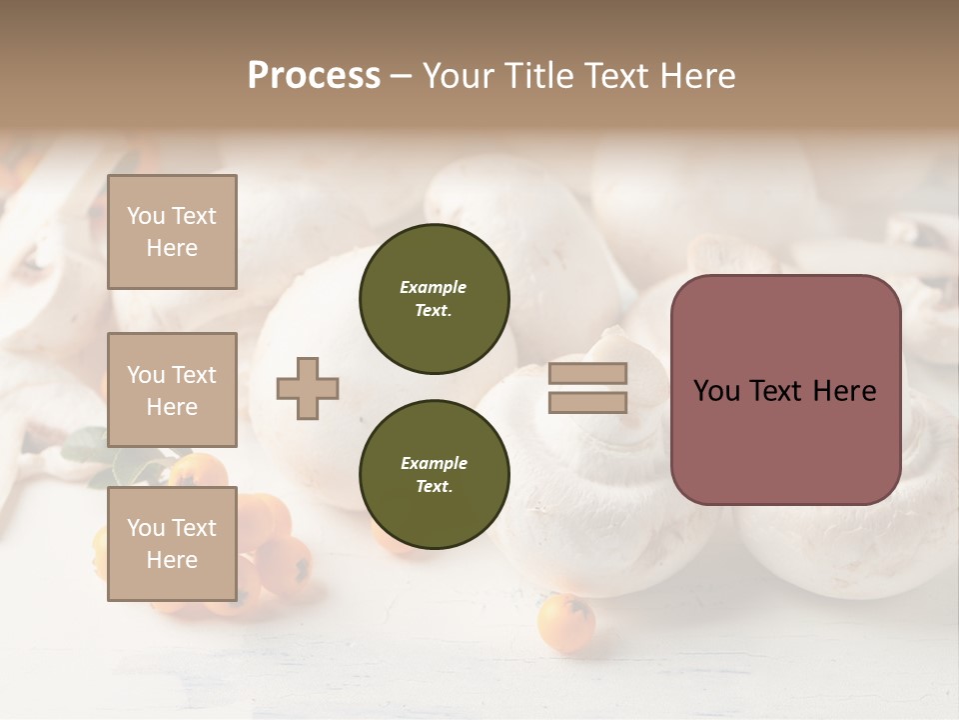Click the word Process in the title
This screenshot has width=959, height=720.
click(x=314, y=76)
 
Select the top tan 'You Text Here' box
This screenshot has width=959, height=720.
click(x=172, y=232)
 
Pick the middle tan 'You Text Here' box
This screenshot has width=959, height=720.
click(x=172, y=390)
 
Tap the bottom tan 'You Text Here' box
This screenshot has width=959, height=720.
click(x=172, y=544)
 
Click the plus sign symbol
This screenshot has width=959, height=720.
click(x=308, y=388)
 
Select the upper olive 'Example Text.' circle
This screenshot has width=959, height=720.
click(x=434, y=299)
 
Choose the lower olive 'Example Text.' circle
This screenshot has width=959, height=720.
click(x=434, y=475)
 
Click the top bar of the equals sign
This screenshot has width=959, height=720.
click(x=587, y=374)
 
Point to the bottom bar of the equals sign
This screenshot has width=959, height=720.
click(x=587, y=403)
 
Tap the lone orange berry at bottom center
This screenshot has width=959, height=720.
click(x=565, y=624)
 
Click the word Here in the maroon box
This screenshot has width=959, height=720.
click(x=844, y=391)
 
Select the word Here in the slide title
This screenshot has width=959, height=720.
click(x=696, y=76)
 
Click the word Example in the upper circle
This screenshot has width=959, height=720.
click(x=434, y=287)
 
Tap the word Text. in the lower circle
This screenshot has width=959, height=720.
click(x=434, y=487)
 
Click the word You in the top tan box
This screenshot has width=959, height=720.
click(x=146, y=216)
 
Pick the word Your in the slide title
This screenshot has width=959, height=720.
click(x=461, y=76)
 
